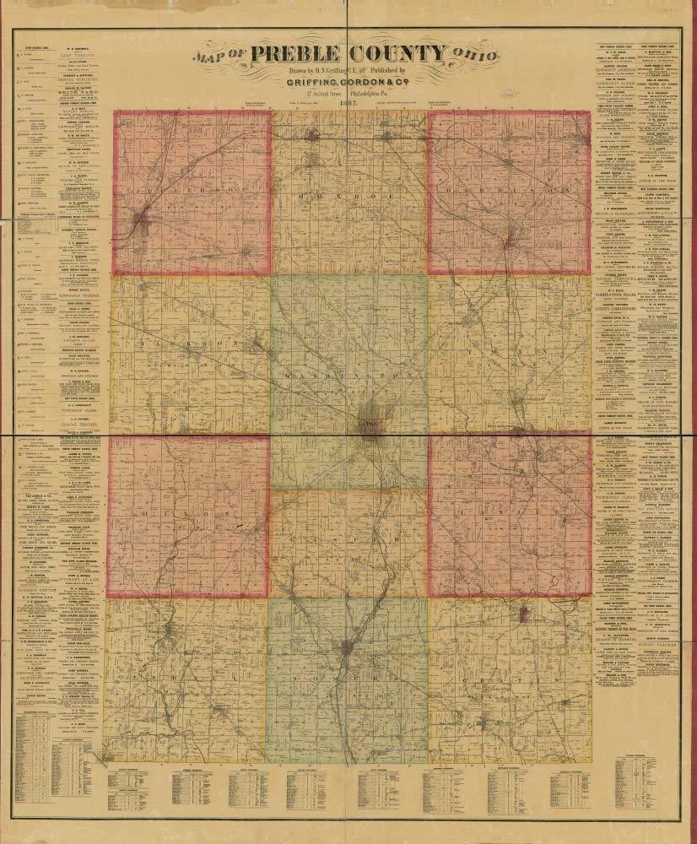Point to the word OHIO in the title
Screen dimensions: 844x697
coord(474,56)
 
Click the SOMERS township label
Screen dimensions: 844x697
coord(349,675)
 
